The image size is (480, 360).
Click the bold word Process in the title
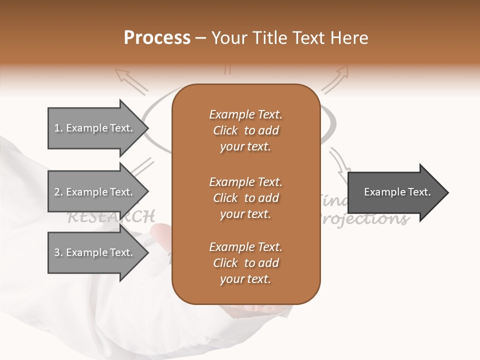point(157,38)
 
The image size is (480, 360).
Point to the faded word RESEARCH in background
point(110,217)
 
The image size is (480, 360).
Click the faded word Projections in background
point(365,218)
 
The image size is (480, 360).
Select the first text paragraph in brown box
point(245,130)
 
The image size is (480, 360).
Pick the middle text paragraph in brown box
point(245,198)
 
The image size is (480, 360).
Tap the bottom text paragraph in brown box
point(245,263)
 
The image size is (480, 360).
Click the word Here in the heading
point(351,38)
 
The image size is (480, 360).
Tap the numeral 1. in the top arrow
point(58,128)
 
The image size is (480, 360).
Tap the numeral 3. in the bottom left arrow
point(58,252)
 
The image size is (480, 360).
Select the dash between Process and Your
point(201,38)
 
